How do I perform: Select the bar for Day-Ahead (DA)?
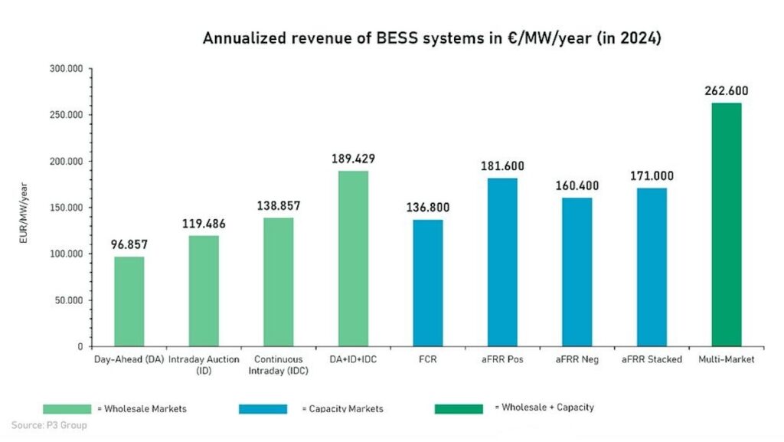coord(129,301)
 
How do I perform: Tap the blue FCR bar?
coord(428,283)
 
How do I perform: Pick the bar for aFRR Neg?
coord(577,272)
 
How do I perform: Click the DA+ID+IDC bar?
coord(354,258)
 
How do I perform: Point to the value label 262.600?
coord(727,91)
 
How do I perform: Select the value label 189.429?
coord(354,159)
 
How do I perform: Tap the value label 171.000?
coord(652,176)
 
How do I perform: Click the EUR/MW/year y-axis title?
coord(25,208)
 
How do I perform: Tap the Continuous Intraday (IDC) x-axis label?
coord(279,365)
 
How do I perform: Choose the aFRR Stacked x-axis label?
coord(652,359)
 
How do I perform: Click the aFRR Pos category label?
coord(502,359)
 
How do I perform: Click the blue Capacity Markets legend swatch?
coord(263,408)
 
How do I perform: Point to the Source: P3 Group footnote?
coord(49,425)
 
